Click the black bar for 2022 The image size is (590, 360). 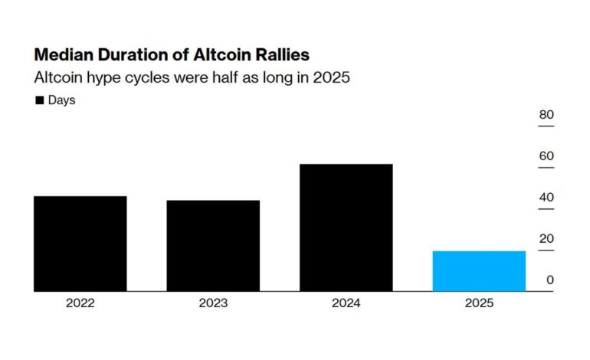tap(80, 244)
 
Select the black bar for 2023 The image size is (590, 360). tap(213, 246)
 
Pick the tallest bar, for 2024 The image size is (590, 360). tap(346, 227)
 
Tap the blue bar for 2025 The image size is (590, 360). tap(479, 271)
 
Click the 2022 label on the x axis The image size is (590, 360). tap(80, 303)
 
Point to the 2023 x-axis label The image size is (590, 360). tap(213, 303)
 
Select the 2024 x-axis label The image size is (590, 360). tap(346, 303)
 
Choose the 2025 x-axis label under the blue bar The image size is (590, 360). tap(479, 303)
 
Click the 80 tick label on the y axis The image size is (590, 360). tap(546, 116)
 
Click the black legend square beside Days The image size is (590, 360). tap(39, 100)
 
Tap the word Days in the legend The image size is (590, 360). tap(61, 100)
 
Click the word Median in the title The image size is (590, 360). tap(62, 56)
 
